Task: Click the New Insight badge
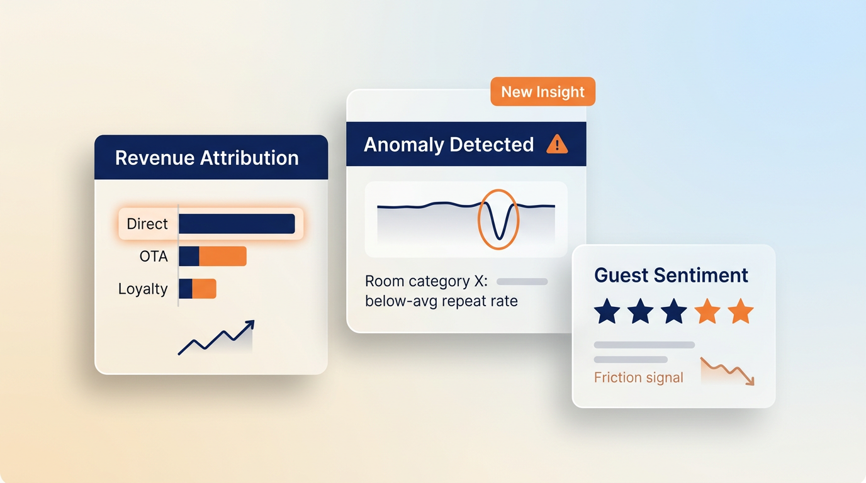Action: pyautogui.click(x=543, y=92)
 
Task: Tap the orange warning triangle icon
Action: pyautogui.click(x=557, y=144)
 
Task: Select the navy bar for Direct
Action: pyautogui.click(x=237, y=224)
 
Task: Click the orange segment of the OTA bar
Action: pyautogui.click(x=223, y=256)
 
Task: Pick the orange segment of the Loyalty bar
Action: pyautogui.click(x=204, y=289)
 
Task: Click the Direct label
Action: pyautogui.click(x=147, y=224)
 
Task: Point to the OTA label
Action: pyautogui.click(x=154, y=256)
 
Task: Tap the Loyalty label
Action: pyautogui.click(x=143, y=289)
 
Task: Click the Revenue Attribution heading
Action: pyautogui.click(x=207, y=158)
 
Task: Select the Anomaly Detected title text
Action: pyautogui.click(x=449, y=145)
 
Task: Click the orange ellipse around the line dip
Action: pyautogui.click(x=478, y=219)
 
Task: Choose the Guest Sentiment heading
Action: pyautogui.click(x=671, y=275)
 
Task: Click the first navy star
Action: pyautogui.click(x=607, y=311)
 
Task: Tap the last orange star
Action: pyautogui.click(x=741, y=311)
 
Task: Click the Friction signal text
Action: pyautogui.click(x=639, y=377)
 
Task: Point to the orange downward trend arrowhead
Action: pyautogui.click(x=750, y=381)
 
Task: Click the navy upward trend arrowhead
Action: pyautogui.click(x=250, y=325)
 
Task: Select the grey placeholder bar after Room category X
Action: pyautogui.click(x=522, y=282)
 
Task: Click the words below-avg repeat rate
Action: pyautogui.click(x=441, y=301)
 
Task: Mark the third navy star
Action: pyautogui.click(x=674, y=311)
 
